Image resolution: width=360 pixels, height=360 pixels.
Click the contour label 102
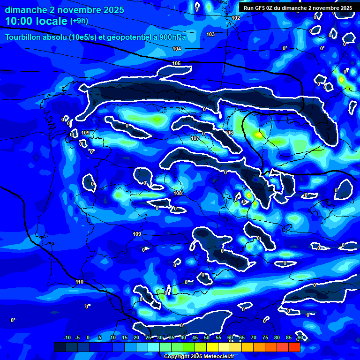click(x=236, y=18)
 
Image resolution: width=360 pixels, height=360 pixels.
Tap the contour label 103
click(x=210, y=34)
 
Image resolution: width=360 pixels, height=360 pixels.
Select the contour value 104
click(x=177, y=49)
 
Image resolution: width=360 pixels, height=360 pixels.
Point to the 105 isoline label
click(x=176, y=63)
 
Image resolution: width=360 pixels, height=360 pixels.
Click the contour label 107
click(x=195, y=138)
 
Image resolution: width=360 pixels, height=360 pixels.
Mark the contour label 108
click(x=178, y=193)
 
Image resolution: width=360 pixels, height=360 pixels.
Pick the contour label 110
click(x=79, y=282)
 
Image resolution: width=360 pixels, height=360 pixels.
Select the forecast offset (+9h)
click(x=79, y=21)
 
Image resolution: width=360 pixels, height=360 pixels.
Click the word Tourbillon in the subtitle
click(x=23, y=37)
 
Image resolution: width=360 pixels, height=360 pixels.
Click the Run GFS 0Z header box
click(x=298, y=8)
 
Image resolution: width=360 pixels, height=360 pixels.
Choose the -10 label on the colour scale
click(x=67, y=337)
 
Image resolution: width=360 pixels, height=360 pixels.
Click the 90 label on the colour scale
click(x=300, y=337)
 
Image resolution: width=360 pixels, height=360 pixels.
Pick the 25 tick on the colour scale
click(x=148, y=337)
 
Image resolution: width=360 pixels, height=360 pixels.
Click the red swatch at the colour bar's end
click(x=294, y=347)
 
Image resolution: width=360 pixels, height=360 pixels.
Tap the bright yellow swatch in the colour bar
click(x=212, y=347)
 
